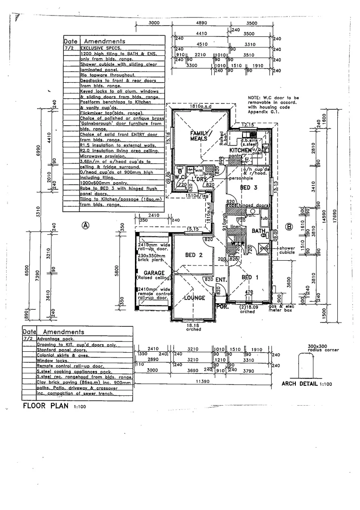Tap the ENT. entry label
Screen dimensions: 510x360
pos(221,280)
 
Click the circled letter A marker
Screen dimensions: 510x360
pos(85,225)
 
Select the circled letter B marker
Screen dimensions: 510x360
pos(290,226)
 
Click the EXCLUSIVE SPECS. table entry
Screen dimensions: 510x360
pos(100,48)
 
